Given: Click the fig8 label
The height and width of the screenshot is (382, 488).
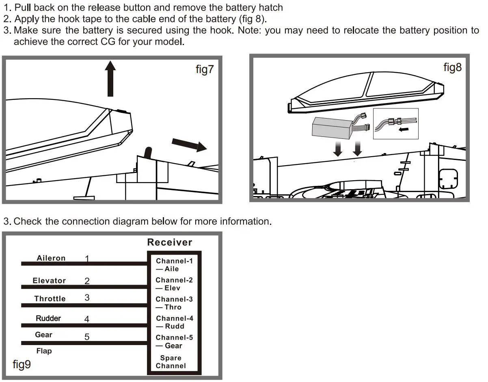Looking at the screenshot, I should pyautogui.click(x=452, y=67).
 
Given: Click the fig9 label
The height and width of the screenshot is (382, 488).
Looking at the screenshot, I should pyautogui.click(x=22, y=364).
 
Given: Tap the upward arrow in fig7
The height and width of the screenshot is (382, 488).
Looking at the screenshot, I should pyautogui.click(x=110, y=78).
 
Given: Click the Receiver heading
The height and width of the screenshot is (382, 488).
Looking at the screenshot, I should pyautogui.click(x=169, y=242).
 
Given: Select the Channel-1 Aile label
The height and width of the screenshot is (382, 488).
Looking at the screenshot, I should pyautogui.click(x=174, y=265).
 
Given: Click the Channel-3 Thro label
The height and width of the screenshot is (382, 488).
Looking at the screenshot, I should pyautogui.click(x=174, y=303).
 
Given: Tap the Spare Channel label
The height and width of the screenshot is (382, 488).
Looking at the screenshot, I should pyautogui.click(x=171, y=362).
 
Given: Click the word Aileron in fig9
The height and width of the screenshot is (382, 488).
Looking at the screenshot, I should pyautogui.click(x=51, y=258).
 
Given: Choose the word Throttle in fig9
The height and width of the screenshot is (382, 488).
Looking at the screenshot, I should pyautogui.click(x=50, y=299).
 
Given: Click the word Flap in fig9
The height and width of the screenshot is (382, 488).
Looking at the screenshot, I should pyautogui.click(x=44, y=351).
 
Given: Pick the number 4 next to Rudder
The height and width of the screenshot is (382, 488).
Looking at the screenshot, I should pyautogui.click(x=86, y=319).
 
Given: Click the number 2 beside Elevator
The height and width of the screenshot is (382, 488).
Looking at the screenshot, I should pyautogui.click(x=87, y=281).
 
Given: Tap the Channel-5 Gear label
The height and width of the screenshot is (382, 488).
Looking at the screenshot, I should pyautogui.click(x=174, y=341).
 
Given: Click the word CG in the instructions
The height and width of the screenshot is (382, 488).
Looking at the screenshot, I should pyautogui.click(x=108, y=42).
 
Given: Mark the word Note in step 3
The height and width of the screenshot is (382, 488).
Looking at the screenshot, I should pyautogui.click(x=249, y=30).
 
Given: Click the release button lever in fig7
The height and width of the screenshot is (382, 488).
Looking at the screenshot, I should pyautogui.click(x=148, y=154).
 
